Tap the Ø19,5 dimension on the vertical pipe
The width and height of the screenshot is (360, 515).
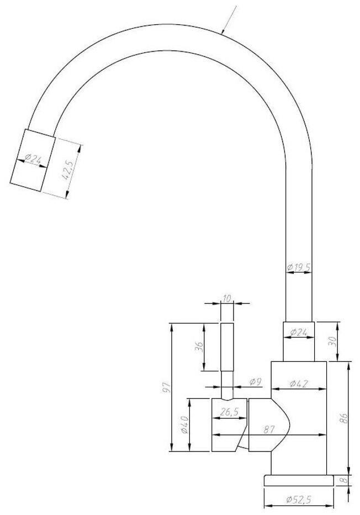299,267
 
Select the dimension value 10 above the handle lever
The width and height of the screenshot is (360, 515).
227,298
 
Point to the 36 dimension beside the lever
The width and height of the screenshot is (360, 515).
199,346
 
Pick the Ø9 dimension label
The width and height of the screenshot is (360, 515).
255,382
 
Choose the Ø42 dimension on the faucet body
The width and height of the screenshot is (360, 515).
299,383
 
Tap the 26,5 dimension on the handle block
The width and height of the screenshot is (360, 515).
229,412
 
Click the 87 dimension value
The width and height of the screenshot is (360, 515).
269,429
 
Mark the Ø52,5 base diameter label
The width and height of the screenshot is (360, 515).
299,500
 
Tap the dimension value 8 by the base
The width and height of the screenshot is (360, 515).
343,480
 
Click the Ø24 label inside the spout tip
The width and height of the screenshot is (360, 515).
33,159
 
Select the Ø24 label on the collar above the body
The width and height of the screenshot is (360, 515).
299,333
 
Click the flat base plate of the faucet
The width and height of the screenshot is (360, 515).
299,480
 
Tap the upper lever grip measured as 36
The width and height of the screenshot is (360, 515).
227,347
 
